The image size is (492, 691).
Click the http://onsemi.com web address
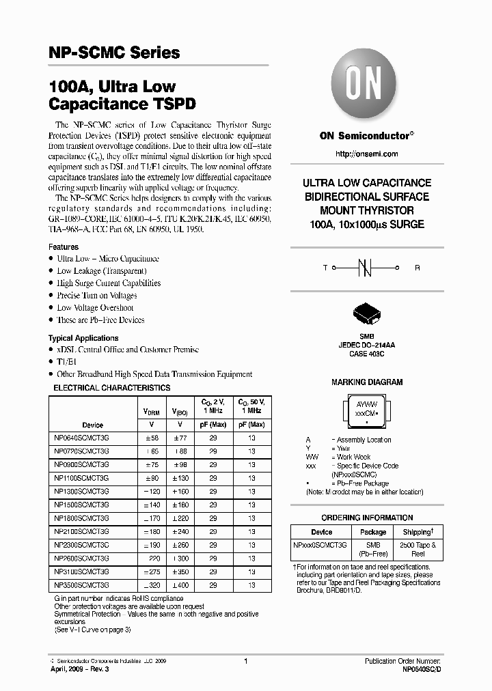click(x=367, y=154)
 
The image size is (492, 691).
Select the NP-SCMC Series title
click(x=114, y=53)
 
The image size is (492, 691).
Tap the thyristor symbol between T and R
click(x=366, y=268)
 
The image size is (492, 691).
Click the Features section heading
click(x=64, y=246)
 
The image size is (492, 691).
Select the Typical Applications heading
click(x=83, y=338)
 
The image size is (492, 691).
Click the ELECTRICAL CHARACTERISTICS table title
click(x=112, y=388)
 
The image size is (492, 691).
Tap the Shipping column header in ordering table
click(x=418, y=532)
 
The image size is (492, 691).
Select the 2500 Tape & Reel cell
click(x=418, y=549)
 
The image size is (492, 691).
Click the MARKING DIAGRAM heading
click(x=367, y=382)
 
